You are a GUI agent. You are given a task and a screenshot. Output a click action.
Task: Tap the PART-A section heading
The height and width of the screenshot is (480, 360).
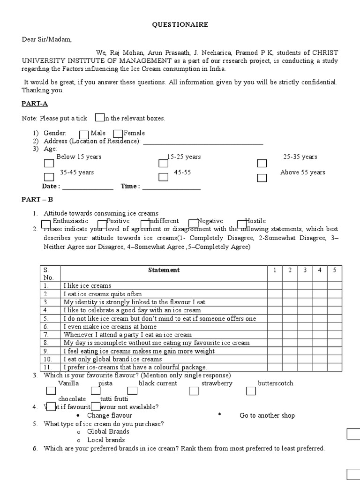(35, 104)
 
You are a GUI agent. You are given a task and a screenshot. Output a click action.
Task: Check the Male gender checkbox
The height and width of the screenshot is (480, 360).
(84, 135)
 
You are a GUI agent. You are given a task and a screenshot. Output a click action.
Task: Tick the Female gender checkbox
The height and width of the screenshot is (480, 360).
(118, 135)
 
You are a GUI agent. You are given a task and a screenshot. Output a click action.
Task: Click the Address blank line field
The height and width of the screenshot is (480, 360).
(203, 142)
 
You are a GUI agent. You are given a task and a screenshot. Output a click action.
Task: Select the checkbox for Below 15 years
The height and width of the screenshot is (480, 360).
(49, 164)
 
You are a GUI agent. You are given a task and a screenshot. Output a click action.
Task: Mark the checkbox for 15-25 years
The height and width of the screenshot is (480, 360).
(163, 164)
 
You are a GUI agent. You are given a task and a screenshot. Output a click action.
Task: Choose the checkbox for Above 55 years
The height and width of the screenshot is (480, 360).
(262, 178)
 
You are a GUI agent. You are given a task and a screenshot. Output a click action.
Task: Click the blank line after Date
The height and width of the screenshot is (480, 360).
(88, 187)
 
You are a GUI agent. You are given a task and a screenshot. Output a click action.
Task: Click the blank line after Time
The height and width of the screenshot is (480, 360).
(171, 187)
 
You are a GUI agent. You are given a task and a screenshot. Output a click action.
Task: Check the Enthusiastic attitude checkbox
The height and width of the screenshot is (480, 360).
(46, 224)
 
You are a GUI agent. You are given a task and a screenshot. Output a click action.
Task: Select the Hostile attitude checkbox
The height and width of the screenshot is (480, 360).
(242, 224)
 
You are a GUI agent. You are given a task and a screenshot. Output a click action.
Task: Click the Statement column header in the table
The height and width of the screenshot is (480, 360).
(164, 270)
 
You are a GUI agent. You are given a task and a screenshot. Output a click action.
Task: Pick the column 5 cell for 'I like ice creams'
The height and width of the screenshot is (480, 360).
(334, 285)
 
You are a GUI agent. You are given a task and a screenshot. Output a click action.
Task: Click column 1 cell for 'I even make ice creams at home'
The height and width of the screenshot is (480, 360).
(275, 327)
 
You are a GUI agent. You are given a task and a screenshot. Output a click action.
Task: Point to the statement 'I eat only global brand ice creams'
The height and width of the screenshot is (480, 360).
(112, 360)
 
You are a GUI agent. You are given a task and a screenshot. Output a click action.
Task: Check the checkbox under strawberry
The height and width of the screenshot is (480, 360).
(194, 391)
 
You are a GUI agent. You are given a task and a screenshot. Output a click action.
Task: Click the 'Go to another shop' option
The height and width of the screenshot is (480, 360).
(267, 415)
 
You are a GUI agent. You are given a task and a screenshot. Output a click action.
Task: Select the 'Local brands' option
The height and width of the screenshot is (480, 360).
(106, 440)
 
